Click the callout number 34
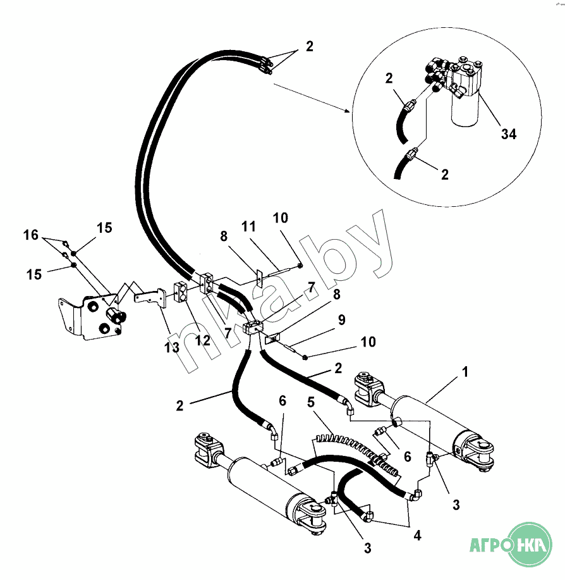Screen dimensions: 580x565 509,133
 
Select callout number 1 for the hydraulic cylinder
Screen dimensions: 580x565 466,373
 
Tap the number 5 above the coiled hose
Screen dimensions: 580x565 311,402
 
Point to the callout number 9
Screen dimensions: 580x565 341,320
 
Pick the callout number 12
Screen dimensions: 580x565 202,340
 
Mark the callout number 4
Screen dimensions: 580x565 416,536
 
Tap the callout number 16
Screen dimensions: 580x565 31,235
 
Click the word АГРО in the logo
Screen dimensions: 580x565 488,544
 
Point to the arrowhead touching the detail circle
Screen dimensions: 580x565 348,111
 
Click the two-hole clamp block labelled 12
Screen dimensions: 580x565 180,292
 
